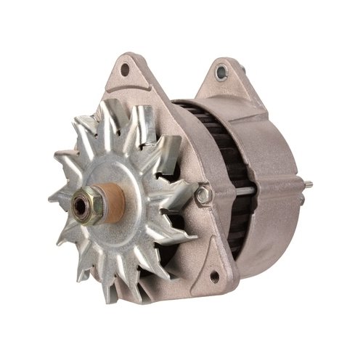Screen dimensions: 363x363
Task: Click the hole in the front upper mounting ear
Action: (125, 70)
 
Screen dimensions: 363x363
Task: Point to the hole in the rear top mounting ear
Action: (221, 73)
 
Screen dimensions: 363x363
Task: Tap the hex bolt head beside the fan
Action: (204, 195)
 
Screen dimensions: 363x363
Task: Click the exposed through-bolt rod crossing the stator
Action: (240, 191)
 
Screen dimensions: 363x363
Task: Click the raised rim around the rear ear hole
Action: (221, 66)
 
